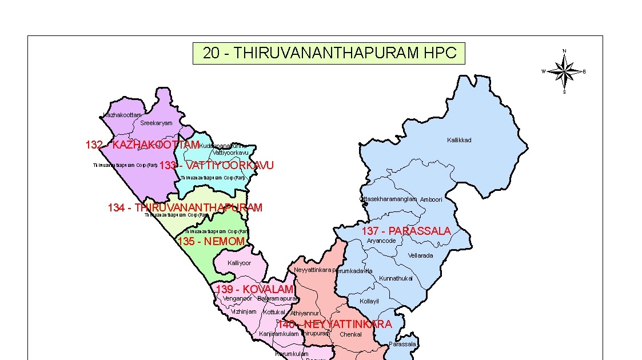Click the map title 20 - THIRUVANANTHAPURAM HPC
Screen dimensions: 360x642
coord(329,53)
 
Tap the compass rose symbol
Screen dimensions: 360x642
coord(564,71)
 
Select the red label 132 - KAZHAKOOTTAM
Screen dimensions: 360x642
coord(142,145)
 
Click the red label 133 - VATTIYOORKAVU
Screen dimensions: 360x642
coord(216,166)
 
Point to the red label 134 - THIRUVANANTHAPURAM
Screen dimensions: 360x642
coord(185,207)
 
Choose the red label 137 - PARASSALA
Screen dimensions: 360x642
coord(406,231)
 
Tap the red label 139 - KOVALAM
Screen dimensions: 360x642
coord(254,289)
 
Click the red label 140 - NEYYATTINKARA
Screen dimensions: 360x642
coord(334,324)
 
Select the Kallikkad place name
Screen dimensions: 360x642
coord(459,140)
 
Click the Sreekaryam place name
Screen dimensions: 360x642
coord(156,123)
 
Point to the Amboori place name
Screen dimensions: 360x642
coord(431,199)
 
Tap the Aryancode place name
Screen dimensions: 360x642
coord(381,241)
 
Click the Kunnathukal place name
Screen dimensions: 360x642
coord(396,278)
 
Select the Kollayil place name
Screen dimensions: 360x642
coord(369,301)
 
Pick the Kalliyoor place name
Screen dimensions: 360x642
coord(239,263)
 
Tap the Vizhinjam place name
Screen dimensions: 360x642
coord(244,311)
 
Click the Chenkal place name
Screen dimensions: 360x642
coord(350,334)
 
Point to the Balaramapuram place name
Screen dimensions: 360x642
coord(278,298)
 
